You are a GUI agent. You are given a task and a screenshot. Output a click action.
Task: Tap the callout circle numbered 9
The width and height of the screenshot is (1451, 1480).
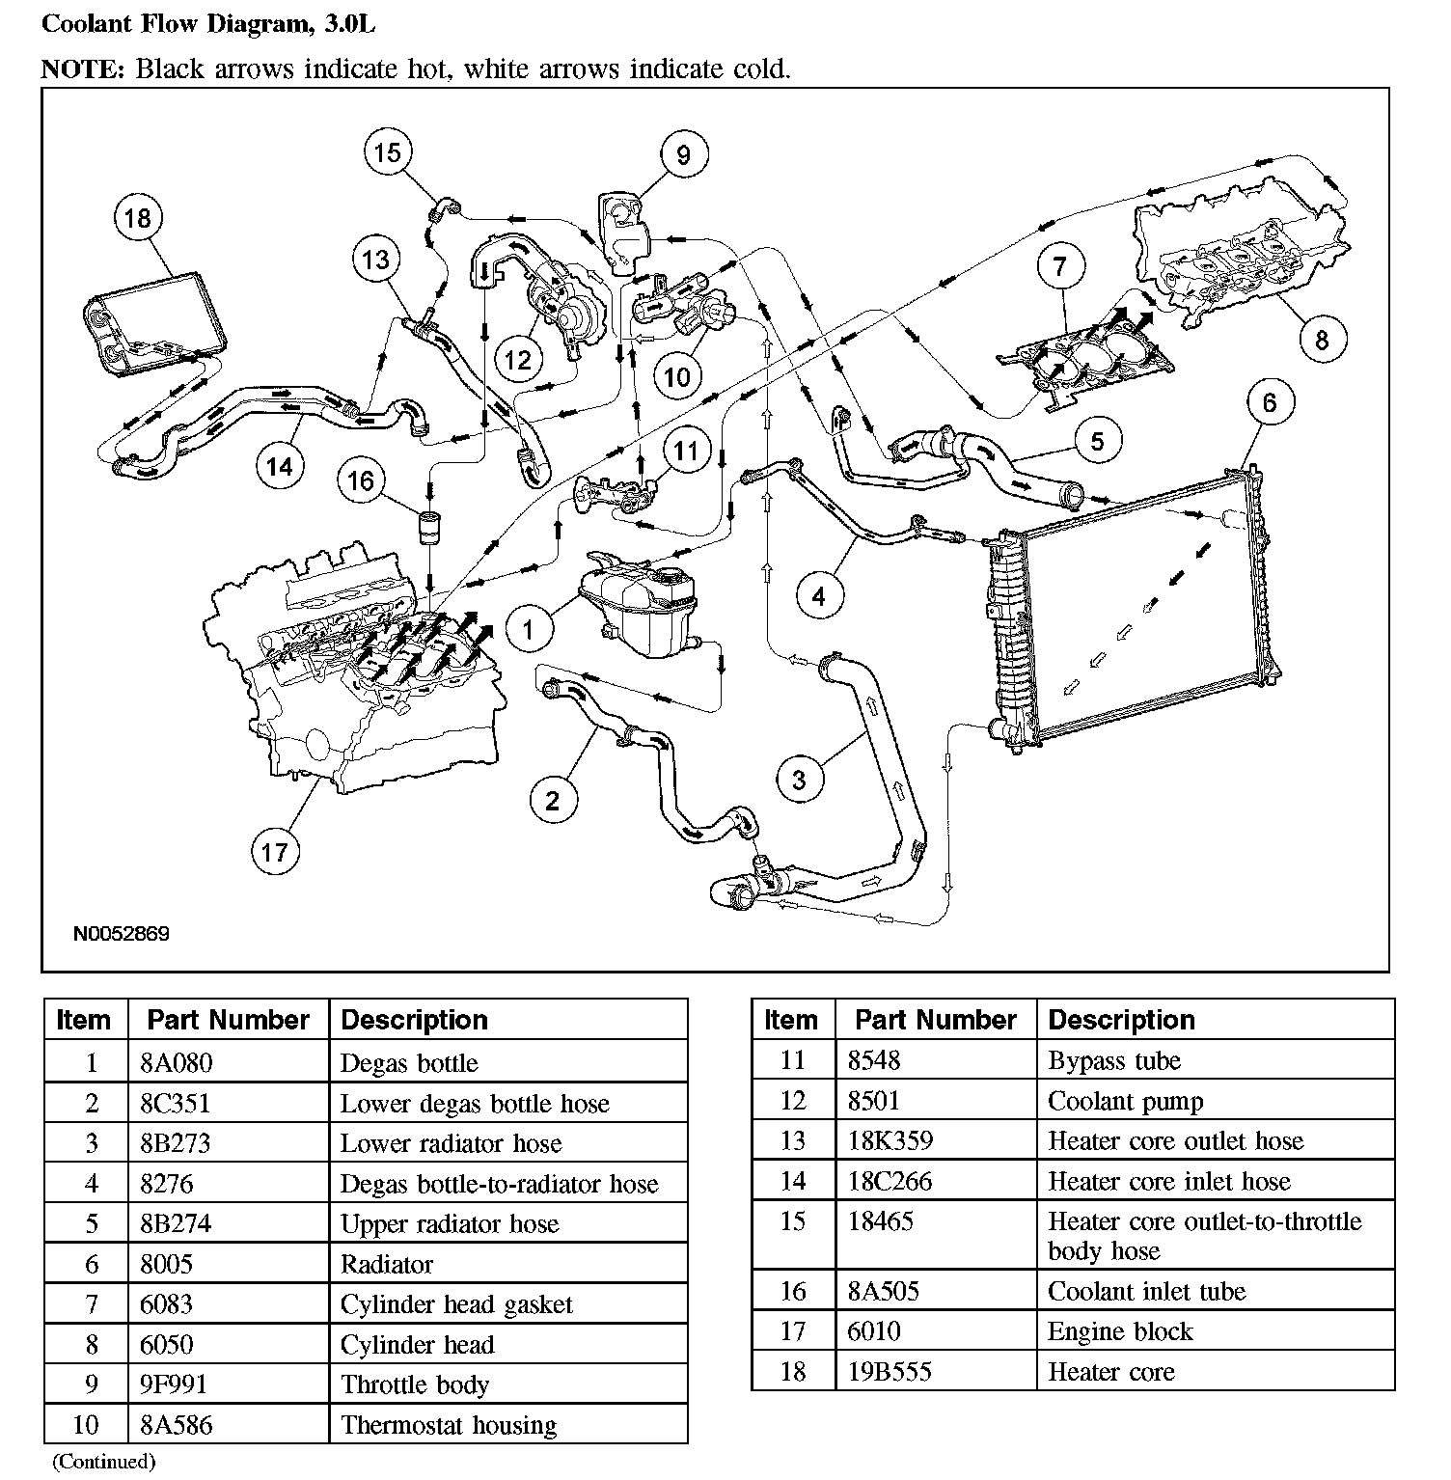[x=683, y=154]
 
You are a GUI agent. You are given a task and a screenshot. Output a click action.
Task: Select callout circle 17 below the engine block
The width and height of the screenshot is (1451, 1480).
[x=274, y=851]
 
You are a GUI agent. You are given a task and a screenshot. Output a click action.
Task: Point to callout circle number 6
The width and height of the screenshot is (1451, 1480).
[x=1269, y=402]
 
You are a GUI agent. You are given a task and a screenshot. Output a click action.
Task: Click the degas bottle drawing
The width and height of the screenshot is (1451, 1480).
[x=636, y=604]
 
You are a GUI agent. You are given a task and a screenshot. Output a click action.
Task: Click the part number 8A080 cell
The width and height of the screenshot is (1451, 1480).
[x=176, y=1062]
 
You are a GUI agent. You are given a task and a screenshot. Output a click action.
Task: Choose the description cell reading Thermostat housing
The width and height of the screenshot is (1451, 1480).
[x=449, y=1425]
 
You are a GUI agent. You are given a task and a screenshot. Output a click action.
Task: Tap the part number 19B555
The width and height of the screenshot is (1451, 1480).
[x=890, y=1371]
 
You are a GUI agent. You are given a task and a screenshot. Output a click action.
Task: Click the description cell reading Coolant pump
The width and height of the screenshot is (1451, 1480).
[x=1126, y=1101]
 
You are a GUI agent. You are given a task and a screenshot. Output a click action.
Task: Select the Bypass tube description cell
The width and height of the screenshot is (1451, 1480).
[x=1114, y=1060]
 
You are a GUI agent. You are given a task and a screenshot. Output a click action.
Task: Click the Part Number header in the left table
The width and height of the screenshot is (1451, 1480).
[x=228, y=1020]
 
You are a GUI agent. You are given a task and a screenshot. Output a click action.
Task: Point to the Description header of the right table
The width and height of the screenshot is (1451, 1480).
[x=1121, y=1020]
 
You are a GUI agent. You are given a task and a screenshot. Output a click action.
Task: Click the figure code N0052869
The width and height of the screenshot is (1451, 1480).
[x=122, y=934]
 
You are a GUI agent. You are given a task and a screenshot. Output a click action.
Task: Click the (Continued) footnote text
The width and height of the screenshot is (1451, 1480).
[x=103, y=1461]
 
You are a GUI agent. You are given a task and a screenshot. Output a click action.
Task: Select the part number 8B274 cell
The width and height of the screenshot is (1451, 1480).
[x=176, y=1223]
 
